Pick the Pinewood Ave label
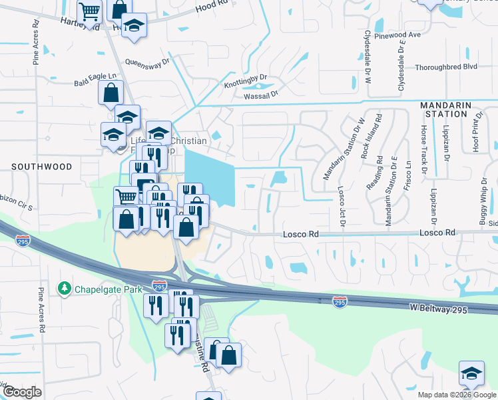tap(397, 35)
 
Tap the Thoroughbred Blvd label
tap(446, 67)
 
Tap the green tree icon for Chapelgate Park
tap(64, 288)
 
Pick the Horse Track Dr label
tap(423, 149)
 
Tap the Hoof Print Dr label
tap(476, 131)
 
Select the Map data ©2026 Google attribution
tap(456, 395)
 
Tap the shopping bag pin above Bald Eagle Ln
tap(111, 92)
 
